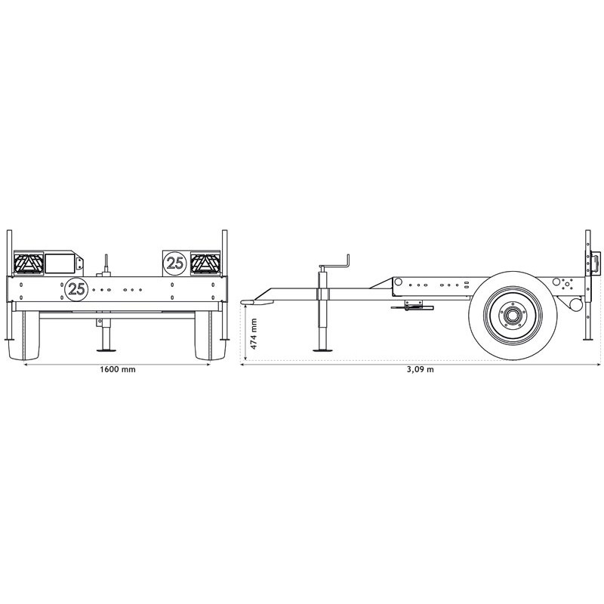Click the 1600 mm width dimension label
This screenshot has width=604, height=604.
point(116,371)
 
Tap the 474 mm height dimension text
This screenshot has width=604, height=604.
point(254,333)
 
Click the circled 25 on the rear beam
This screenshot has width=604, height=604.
point(76,287)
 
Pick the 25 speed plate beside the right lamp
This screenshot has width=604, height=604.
point(175,263)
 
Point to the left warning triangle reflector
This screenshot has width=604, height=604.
point(29,263)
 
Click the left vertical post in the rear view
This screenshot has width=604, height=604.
point(9,287)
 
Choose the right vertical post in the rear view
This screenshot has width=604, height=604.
point(223,287)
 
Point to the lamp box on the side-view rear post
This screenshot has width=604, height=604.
point(596,263)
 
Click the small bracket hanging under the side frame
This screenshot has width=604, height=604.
point(412,305)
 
